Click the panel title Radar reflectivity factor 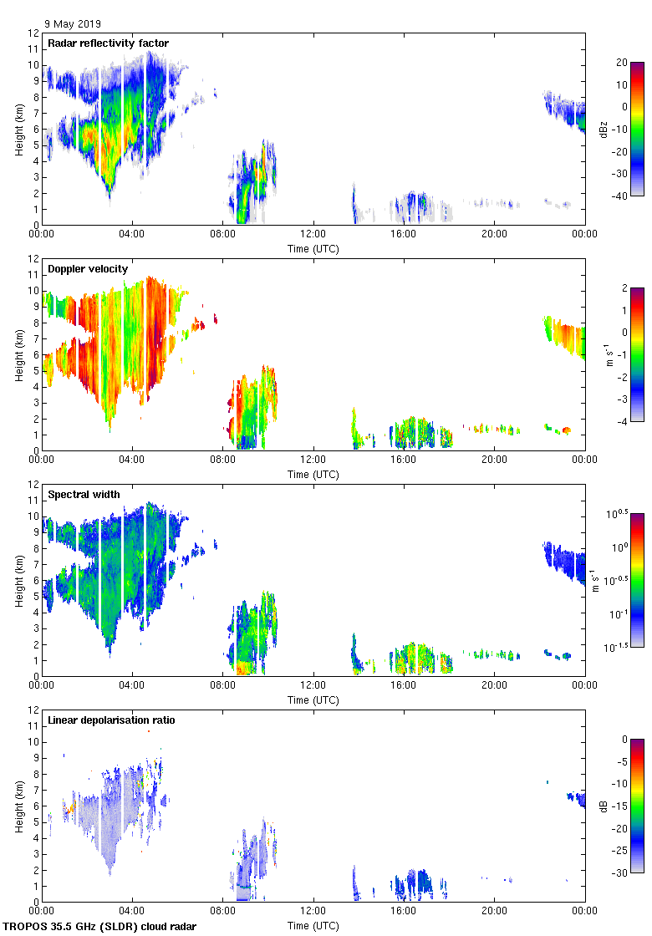click(108, 43)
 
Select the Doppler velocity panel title click(88, 269)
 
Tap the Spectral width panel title click(84, 495)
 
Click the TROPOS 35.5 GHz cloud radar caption click(100, 927)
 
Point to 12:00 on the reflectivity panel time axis click(313, 235)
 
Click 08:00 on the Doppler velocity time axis click(222, 460)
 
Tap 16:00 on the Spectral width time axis click(404, 686)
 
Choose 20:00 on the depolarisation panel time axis click(494, 912)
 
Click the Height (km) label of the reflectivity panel click(18, 129)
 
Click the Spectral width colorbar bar click(636, 580)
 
